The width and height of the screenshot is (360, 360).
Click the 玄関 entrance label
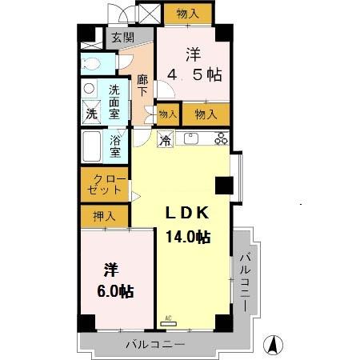(122, 37)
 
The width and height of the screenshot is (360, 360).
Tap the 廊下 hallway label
(142, 85)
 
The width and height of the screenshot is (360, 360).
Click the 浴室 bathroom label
(115, 146)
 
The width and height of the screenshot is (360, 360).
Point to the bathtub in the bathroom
(91, 146)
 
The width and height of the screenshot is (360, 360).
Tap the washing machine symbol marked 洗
(91, 114)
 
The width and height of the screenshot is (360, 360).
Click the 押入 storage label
(104, 215)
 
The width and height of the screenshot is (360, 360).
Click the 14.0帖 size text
(188, 237)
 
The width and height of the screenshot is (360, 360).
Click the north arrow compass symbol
(274, 346)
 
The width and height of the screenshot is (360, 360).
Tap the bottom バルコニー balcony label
(155, 344)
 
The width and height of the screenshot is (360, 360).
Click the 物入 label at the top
(188, 14)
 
